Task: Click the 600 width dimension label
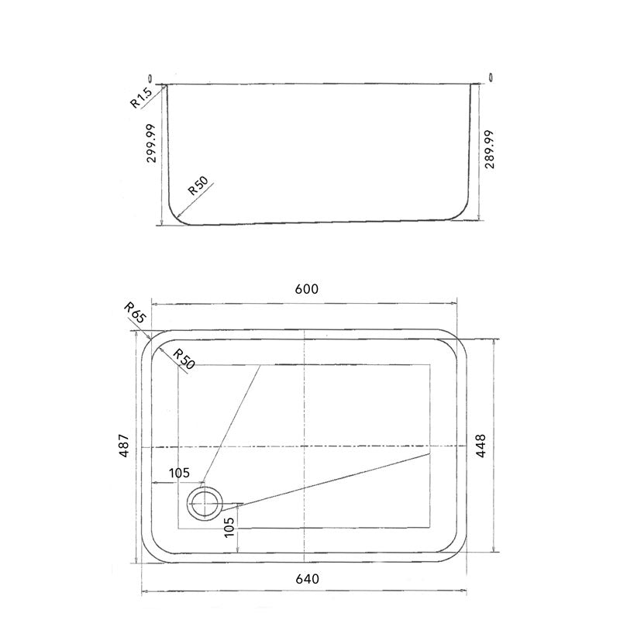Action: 307,289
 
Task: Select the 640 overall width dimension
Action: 307,579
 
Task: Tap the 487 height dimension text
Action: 124,448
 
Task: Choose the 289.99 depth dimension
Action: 488,150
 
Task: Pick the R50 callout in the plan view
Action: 183,360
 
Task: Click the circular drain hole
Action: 204,503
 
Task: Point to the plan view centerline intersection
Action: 307,448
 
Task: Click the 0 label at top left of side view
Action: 150,77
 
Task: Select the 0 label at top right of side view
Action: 491,76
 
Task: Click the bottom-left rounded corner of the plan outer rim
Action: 150,551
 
